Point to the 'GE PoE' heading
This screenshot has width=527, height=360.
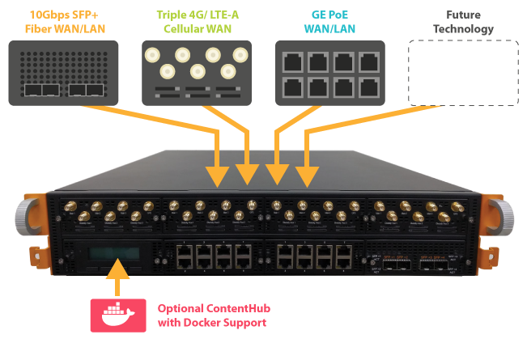point(330,15)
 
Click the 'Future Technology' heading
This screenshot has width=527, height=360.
point(462,22)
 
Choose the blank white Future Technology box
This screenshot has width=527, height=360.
point(462,73)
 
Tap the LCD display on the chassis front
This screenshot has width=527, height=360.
point(110,255)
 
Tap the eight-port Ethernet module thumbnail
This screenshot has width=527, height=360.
point(330,73)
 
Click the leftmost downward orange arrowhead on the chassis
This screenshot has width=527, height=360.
point(218,174)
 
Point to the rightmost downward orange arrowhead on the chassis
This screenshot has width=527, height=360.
point(306,174)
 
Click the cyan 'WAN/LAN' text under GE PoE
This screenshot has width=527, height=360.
point(330,29)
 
